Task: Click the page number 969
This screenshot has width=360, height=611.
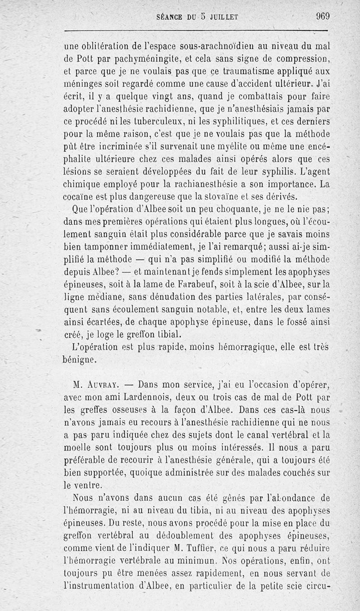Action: (x=323, y=17)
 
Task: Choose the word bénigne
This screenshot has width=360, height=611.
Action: (x=80, y=359)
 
